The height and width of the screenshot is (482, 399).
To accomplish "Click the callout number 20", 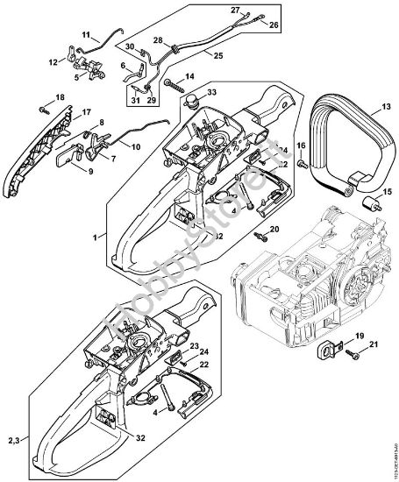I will [273, 229].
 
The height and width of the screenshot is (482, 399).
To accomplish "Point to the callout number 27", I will [235, 10].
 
